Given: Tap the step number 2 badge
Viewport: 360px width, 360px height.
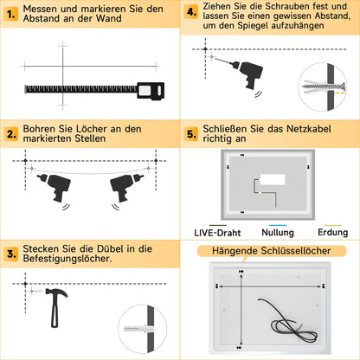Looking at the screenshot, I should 11,134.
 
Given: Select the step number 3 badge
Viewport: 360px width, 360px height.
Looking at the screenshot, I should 11,254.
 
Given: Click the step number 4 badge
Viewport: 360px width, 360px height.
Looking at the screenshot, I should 192,14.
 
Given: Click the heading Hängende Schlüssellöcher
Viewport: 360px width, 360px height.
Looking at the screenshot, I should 270,251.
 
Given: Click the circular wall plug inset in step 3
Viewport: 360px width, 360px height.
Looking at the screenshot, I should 143,330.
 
